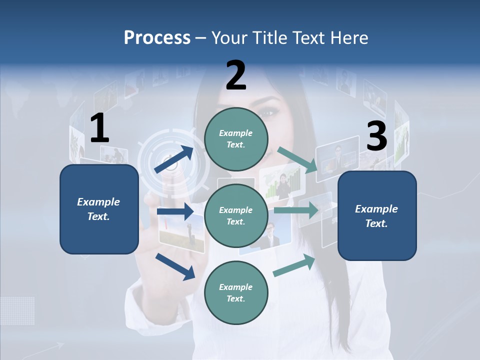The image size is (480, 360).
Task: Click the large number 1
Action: click(x=99, y=129)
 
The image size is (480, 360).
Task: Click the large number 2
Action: click(x=235, y=76)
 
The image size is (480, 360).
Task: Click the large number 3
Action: click(x=376, y=137)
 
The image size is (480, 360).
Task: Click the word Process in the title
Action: click(x=157, y=37)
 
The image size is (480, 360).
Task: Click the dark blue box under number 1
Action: click(x=99, y=209)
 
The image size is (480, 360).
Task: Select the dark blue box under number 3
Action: click(x=377, y=216)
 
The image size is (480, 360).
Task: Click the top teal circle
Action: click(x=236, y=139)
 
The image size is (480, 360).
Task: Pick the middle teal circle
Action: click(x=236, y=215)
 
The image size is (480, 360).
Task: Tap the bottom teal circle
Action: click(x=236, y=292)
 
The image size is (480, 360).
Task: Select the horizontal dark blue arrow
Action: click(x=175, y=211)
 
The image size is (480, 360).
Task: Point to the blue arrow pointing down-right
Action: click(x=175, y=266)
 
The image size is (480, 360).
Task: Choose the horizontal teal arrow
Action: click(x=296, y=210)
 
